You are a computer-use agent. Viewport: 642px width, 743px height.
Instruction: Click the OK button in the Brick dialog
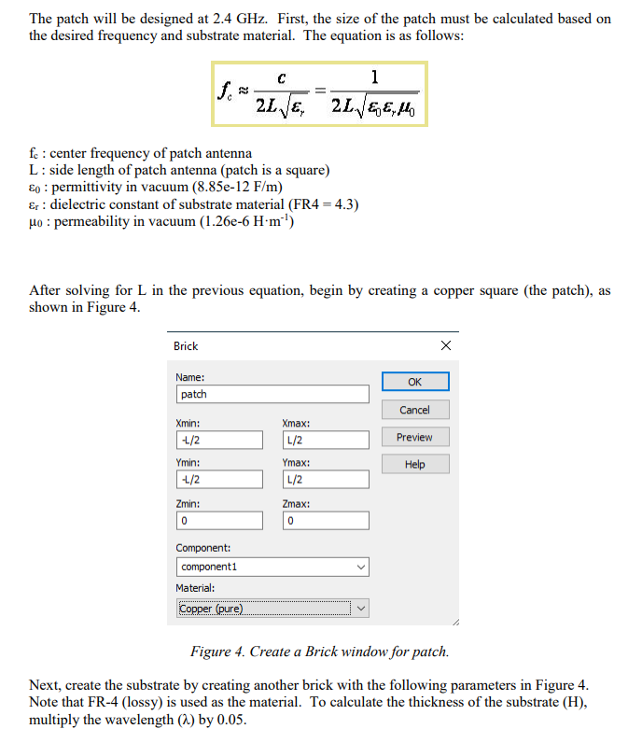(414, 382)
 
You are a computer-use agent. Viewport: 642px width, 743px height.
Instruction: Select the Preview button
(414, 437)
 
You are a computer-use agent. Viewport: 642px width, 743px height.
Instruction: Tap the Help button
(414, 464)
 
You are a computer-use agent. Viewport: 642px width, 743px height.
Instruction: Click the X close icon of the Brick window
(445, 345)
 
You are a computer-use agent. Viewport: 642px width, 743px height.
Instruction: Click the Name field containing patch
(272, 394)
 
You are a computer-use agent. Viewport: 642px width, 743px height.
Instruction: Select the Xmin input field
(219, 440)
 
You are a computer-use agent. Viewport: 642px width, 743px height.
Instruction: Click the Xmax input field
(324, 440)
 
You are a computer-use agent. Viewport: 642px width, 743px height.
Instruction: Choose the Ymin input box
(219, 480)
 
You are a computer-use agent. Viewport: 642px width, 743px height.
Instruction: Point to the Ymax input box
(324, 480)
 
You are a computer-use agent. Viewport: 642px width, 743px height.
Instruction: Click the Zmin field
(219, 520)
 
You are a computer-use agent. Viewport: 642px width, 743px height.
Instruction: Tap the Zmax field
(324, 520)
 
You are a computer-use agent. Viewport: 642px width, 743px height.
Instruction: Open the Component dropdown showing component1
(272, 567)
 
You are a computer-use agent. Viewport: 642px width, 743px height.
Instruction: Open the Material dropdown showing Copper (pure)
(272, 609)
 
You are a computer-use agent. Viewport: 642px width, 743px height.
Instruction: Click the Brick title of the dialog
(186, 346)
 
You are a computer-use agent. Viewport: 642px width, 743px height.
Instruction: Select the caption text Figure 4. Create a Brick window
(319, 652)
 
